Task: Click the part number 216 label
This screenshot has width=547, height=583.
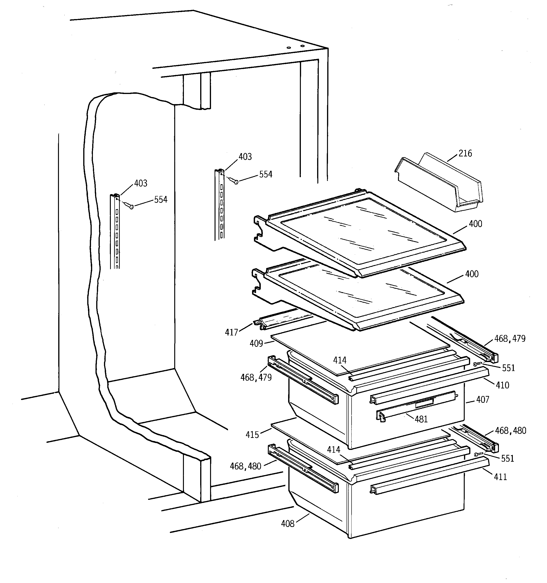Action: (x=465, y=153)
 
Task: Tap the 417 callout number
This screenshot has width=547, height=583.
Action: (x=231, y=332)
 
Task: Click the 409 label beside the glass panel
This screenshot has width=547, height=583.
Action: (x=256, y=343)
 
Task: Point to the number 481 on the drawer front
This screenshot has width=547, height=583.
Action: (x=421, y=419)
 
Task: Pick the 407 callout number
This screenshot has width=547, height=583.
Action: (x=483, y=400)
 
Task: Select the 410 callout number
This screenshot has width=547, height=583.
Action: (x=502, y=385)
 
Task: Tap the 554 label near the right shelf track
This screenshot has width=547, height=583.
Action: (x=266, y=175)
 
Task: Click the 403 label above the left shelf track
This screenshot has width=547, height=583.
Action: (x=141, y=183)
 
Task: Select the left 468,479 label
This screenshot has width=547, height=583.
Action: (x=256, y=377)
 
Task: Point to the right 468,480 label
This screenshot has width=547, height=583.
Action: (x=511, y=431)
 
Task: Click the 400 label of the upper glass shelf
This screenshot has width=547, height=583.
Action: (x=475, y=224)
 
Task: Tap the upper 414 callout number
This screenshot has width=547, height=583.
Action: (x=340, y=360)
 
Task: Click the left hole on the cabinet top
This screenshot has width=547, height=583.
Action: (x=289, y=47)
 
